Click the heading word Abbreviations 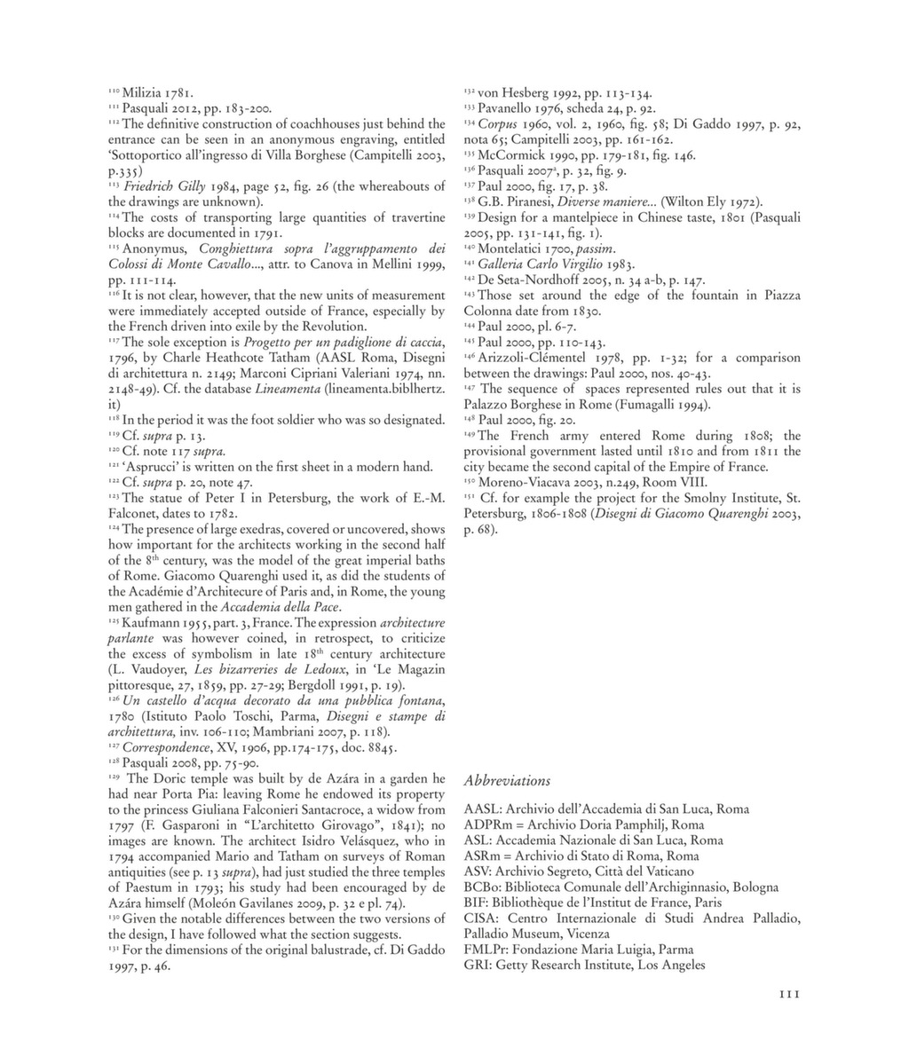click(x=507, y=781)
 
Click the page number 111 click(x=785, y=995)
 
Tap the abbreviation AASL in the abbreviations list click(x=480, y=809)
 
